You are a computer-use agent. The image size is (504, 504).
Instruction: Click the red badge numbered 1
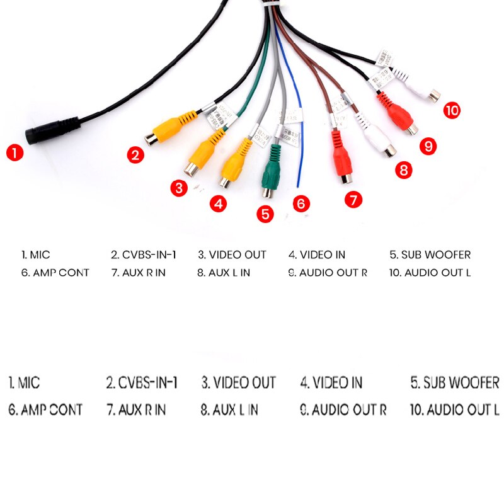(15, 152)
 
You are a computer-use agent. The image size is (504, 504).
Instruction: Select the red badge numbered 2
(134, 154)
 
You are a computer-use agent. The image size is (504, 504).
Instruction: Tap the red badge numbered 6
(301, 203)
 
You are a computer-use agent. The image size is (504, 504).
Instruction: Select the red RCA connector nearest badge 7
(340, 157)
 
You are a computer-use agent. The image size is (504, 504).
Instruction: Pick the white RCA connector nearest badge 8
(377, 139)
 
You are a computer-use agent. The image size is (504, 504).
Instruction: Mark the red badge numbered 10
(451, 110)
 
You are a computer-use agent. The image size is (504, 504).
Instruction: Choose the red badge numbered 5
(265, 214)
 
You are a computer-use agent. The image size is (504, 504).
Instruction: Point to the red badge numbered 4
(218, 203)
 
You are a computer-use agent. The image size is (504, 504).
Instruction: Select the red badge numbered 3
(179, 188)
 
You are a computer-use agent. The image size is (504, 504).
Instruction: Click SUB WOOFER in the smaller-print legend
(430, 255)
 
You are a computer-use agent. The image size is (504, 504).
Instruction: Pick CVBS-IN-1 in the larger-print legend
(142, 382)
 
